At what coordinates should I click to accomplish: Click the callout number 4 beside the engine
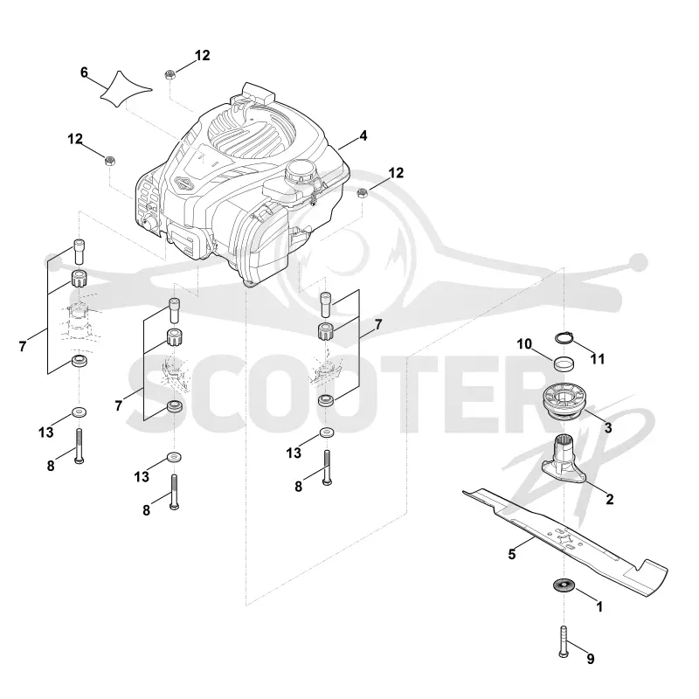[363, 135]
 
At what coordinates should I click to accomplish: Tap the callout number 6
[84, 73]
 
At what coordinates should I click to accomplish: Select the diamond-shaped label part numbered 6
[126, 89]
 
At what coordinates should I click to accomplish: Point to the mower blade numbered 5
[564, 540]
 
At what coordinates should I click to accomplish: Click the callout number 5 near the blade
[512, 554]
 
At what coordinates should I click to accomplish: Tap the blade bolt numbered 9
[564, 641]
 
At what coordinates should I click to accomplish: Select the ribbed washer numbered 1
[564, 585]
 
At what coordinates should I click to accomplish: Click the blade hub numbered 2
[564, 460]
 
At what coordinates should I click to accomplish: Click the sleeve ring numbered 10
[564, 363]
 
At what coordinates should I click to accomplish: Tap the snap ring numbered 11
[564, 339]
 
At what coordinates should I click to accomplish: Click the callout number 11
[598, 359]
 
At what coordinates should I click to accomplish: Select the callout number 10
[524, 343]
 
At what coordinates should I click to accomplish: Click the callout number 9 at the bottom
[591, 659]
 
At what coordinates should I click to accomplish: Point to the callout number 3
[608, 428]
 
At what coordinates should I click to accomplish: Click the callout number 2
[609, 499]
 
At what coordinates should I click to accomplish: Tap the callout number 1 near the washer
[599, 606]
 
